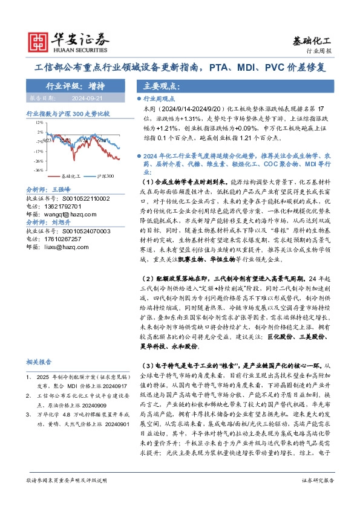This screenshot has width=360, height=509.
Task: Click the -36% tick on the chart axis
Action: pos(38,171)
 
